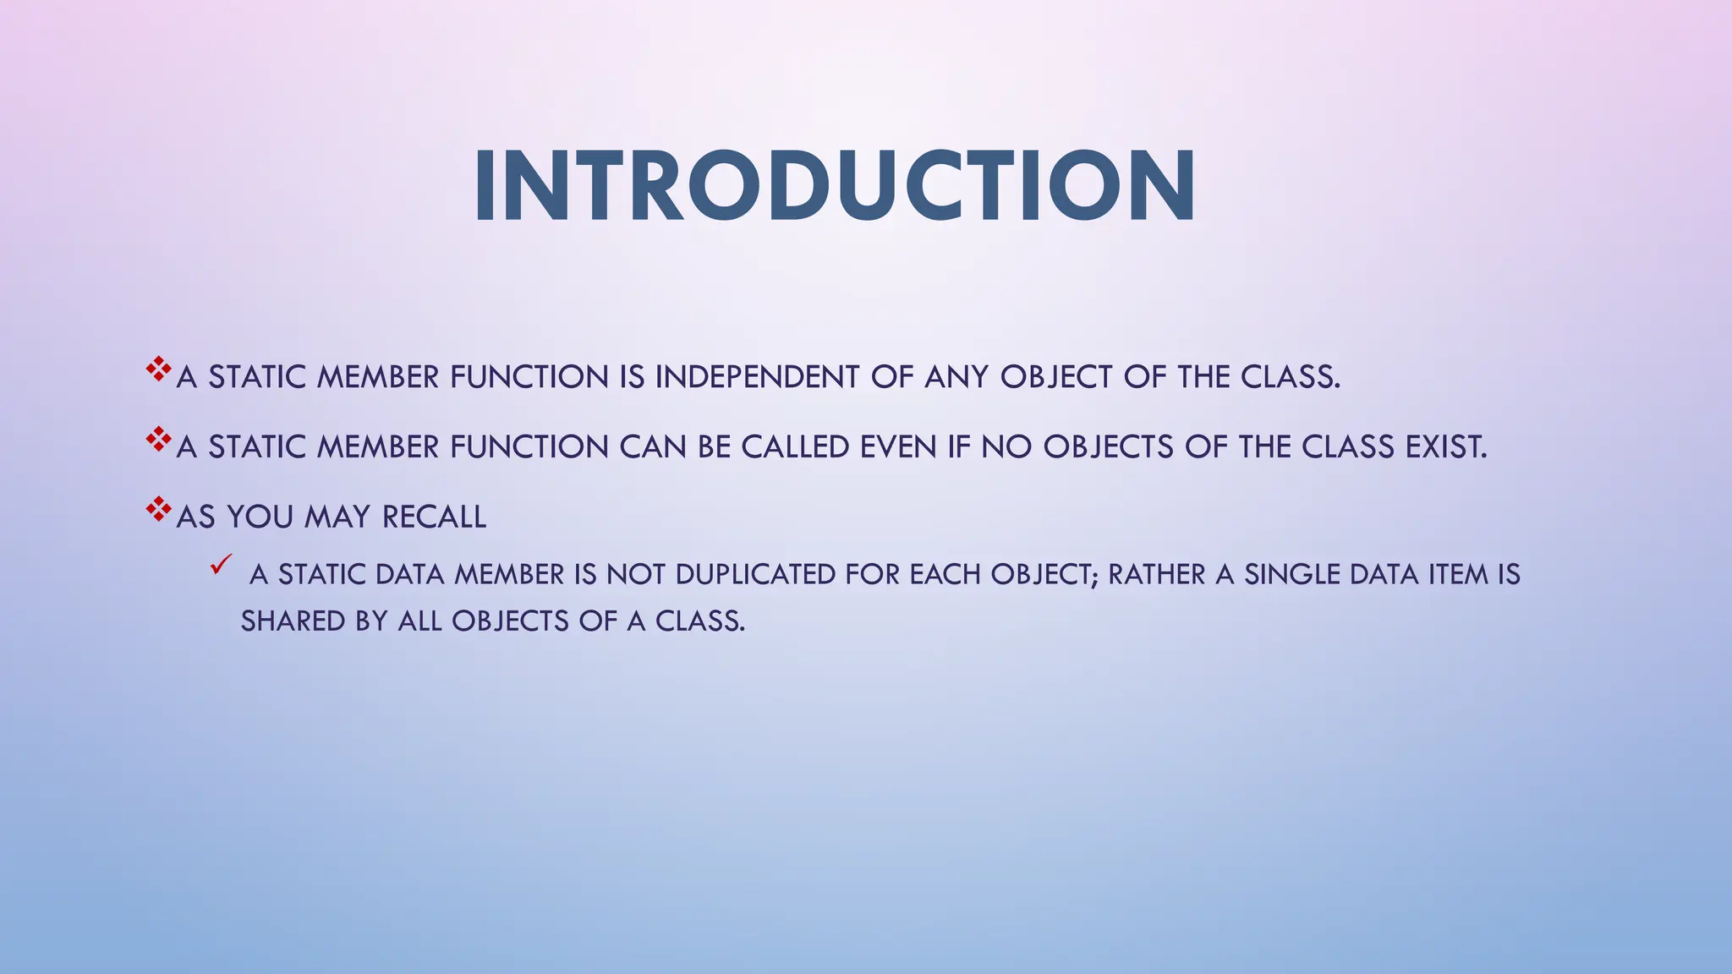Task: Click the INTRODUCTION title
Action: pyautogui.click(x=834, y=187)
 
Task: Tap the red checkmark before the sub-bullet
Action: pyautogui.click(x=221, y=565)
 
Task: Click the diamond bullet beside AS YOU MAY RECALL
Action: pyautogui.click(x=158, y=509)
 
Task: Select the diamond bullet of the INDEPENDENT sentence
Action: pyautogui.click(x=158, y=369)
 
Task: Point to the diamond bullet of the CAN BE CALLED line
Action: pyautogui.click(x=158, y=439)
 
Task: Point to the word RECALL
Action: pyautogui.click(x=434, y=517)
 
